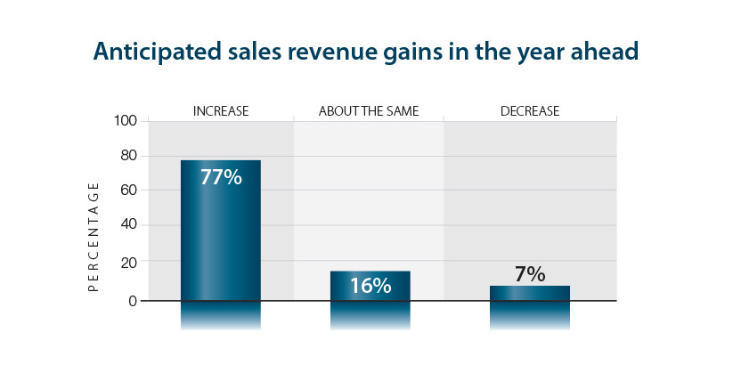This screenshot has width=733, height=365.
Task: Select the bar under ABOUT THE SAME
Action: point(370,285)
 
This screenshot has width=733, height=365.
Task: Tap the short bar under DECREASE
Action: point(529,294)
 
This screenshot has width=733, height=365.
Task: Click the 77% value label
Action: point(221,177)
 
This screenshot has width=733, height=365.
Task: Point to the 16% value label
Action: point(370,286)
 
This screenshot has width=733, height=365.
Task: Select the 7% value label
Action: point(529,274)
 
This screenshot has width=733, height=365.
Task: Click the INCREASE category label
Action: point(221,111)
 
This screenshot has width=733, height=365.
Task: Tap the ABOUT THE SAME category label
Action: point(369,111)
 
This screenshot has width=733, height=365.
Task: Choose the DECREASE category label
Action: point(529,111)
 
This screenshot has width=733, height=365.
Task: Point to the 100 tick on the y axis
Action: point(126,120)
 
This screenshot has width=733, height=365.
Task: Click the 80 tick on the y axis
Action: point(129,156)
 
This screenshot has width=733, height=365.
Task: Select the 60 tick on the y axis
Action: point(129,191)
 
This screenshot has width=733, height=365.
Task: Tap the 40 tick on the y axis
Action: point(129,225)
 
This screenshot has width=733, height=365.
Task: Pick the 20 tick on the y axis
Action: point(129,262)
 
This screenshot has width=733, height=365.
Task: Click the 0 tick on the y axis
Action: point(134,301)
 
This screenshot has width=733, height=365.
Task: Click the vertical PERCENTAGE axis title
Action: point(94,237)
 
